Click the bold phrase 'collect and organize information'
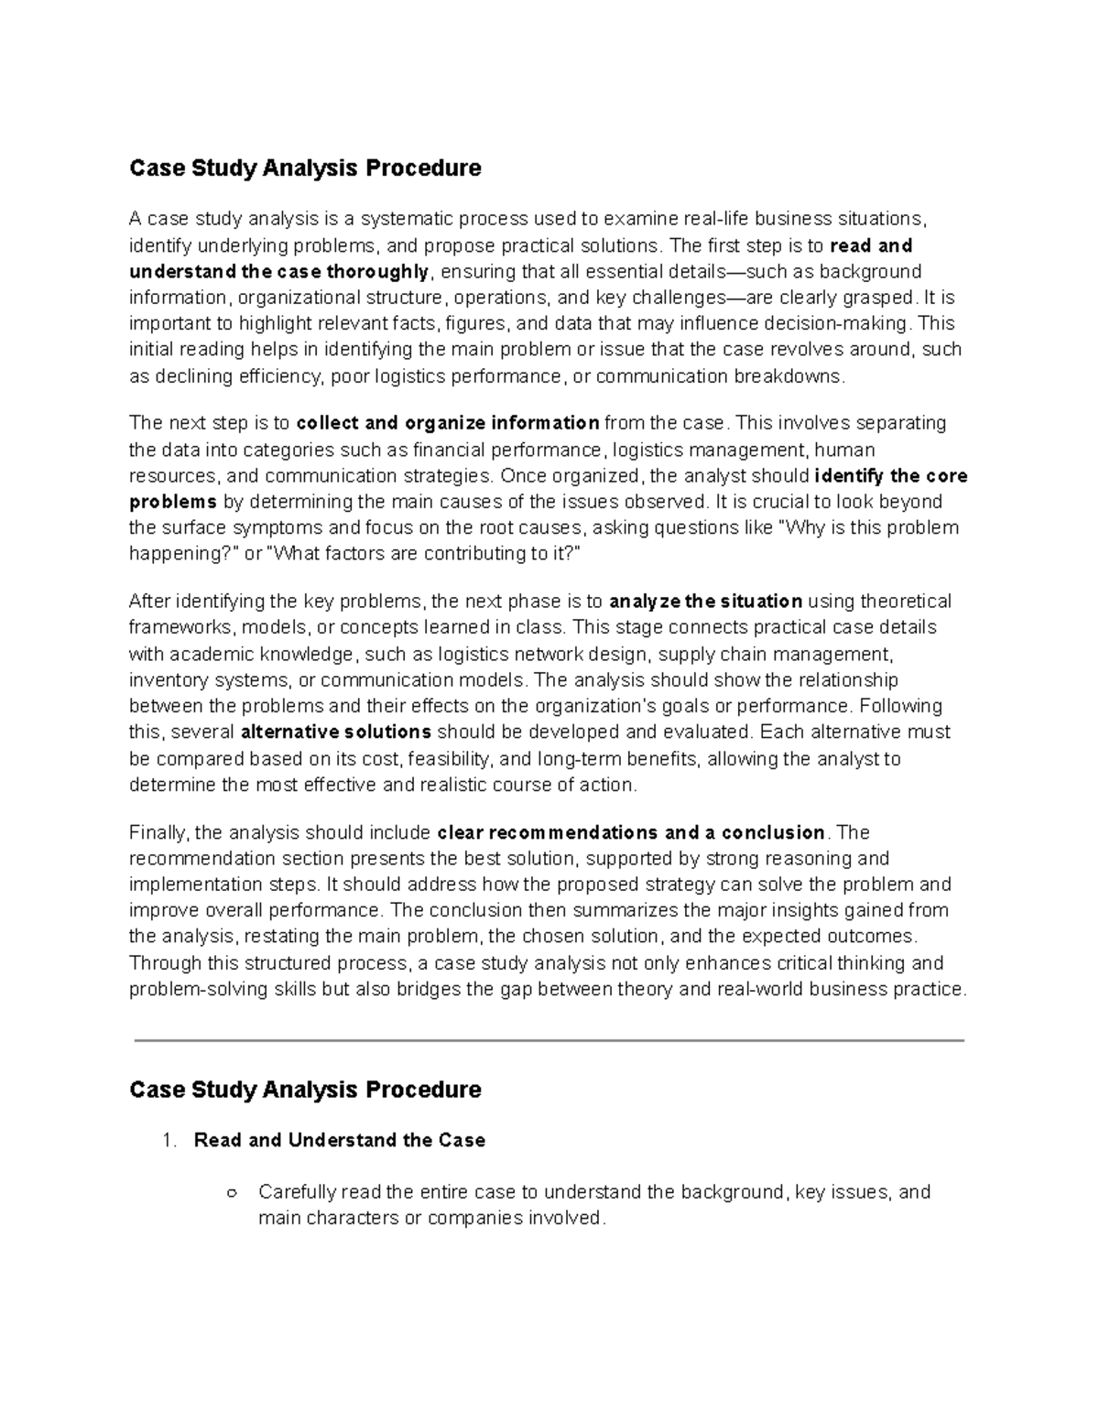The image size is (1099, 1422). click(448, 423)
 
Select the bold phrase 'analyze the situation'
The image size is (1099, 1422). click(705, 602)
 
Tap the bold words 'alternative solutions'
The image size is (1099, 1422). click(335, 733)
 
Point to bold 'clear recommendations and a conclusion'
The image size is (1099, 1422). click(631, 833)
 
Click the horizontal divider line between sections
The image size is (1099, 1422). click(549, 1041)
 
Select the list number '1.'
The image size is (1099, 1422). click(168, 1141)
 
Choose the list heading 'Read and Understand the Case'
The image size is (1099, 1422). click(340, 1141)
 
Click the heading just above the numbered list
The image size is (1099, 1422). click(305, 1090)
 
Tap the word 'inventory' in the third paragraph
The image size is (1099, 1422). click(166, 680)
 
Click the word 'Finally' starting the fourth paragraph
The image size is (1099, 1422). click(158, 833)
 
